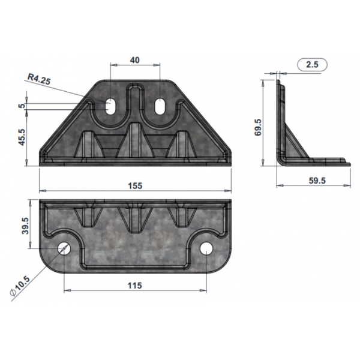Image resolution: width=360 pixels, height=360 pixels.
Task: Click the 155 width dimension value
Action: coord(135,185)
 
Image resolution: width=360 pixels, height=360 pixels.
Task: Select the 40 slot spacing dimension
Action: coord(135,60)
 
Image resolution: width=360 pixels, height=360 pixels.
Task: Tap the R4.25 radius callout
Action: coord(39,79)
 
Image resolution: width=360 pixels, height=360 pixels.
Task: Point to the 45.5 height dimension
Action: coord(22,137)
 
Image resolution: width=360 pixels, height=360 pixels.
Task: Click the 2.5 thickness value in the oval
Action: coord(312,65)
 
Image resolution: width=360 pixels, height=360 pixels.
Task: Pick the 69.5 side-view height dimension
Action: coord(258,127)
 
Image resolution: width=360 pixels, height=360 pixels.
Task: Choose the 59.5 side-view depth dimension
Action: coord(317,181)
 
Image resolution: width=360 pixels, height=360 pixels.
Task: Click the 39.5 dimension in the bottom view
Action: coord(25,226)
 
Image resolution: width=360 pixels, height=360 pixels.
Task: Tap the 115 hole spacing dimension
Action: coord(135,286)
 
